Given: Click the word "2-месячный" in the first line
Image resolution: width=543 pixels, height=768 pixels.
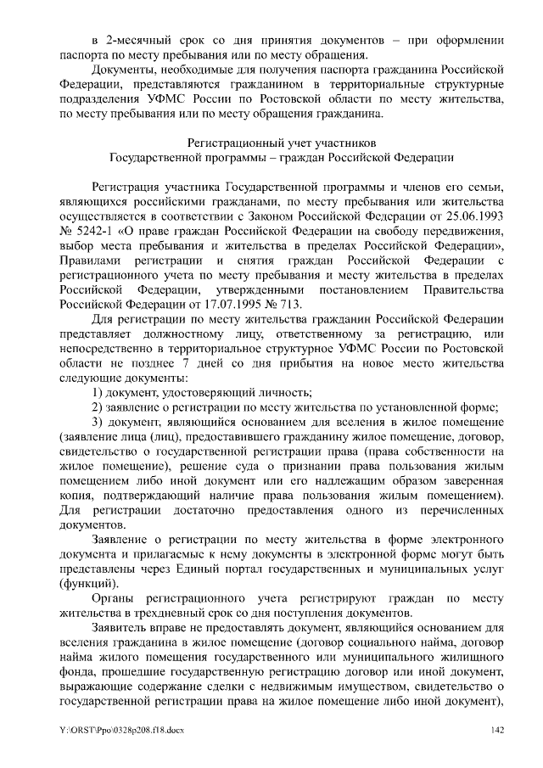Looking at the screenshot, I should [x=138, y=40].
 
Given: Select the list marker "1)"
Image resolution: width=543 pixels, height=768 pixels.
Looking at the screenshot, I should [x=98, y=391].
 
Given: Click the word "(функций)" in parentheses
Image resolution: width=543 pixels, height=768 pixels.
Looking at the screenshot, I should [x=89, y=584].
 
